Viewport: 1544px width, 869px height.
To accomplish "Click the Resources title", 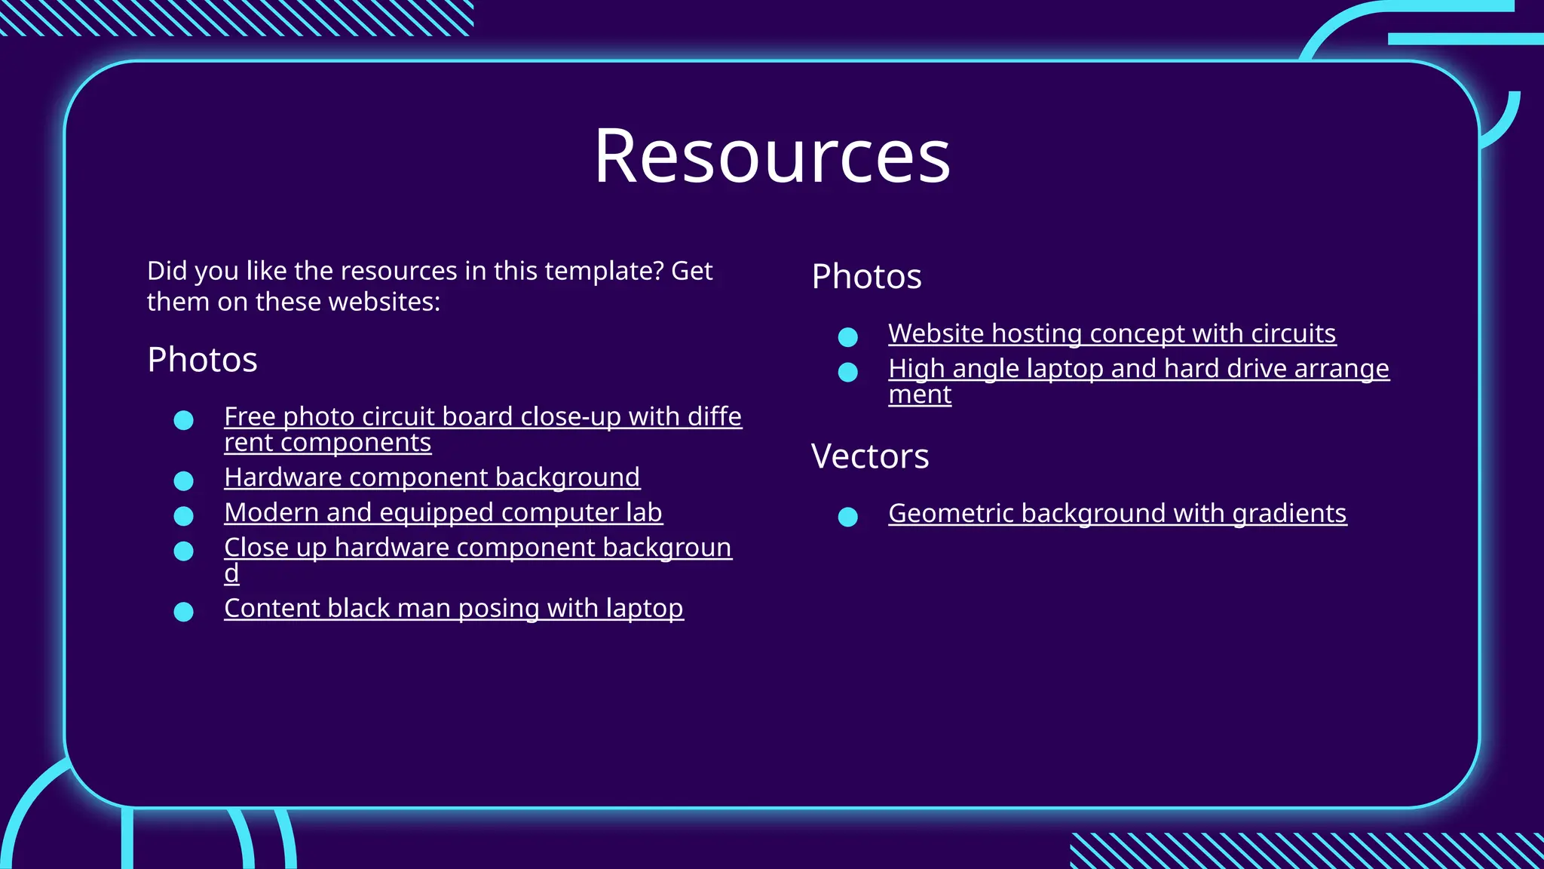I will [x=771, y=156].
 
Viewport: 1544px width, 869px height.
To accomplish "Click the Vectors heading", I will [x=870, y=456].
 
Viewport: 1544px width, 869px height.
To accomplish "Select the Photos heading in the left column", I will [x=202, y=360].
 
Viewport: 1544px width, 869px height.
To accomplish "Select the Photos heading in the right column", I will [x=866, y=277].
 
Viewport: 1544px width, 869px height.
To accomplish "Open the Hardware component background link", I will [x=432, y=477].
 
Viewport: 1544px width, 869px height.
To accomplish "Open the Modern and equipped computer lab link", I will [x=443, y=513].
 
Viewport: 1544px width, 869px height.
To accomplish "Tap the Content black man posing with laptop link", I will [x=454, y=608].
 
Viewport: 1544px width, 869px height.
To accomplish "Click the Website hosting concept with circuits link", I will [x=1112, y=333].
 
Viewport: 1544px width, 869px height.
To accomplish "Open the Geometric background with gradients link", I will [x=1117, y=514].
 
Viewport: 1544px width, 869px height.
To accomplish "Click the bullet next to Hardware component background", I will [x=184, y=481].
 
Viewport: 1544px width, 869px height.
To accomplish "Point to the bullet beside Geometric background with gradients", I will [x=848, y=517].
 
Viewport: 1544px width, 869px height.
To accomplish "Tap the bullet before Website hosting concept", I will [x=848, y=337].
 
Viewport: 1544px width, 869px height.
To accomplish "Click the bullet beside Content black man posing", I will [x=184, y=612].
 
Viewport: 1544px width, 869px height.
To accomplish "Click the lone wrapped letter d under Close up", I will [x=231, y=574].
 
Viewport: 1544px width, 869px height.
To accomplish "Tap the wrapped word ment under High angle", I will [x=920, y=395].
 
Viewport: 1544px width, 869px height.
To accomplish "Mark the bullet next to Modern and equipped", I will [x=184, y=516].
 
